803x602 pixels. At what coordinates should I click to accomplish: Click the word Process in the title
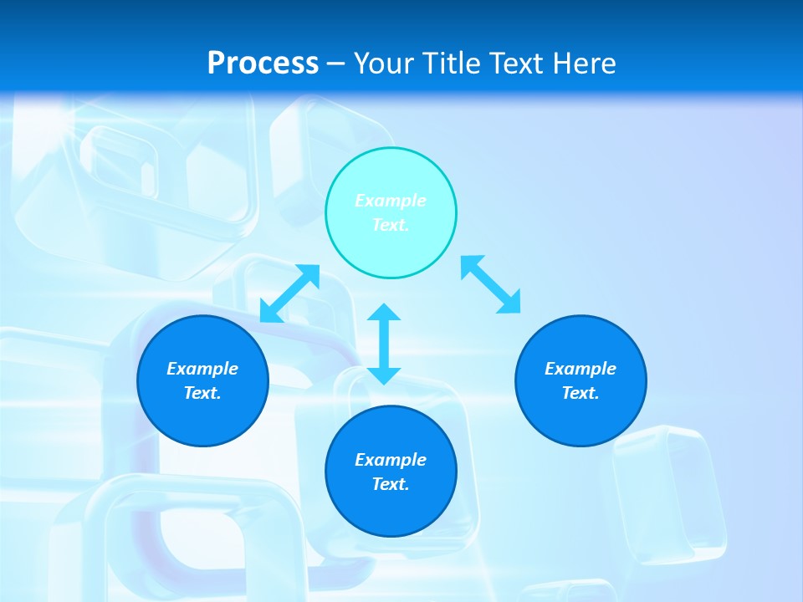pyautogui.click(x=263, y=63)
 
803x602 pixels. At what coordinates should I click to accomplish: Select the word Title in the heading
pyautogui.click(x=455, y=63)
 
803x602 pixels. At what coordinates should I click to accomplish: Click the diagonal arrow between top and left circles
pyautogui.click(x=289, y=293)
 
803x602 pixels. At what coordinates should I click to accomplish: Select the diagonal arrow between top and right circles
pyautogui.click(x=491, y=284)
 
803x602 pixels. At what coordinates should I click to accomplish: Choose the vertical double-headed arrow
pyautogui.click(x=384, y=344)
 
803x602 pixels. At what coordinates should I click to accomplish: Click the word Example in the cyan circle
pyautogui.click(x=391, y=201)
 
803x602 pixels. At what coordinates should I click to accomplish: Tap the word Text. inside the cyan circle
pyautogui.click(x=391, y=225)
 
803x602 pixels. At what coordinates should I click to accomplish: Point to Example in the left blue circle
pyautogui.click(x=202, y=369)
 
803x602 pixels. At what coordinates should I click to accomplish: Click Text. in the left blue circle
pyautogui.click(x=202, y=393)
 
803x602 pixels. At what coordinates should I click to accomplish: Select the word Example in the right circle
pyautogui.click(x=581, y=369)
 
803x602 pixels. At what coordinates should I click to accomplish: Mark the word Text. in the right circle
pyautogui.click(x=581, y=393)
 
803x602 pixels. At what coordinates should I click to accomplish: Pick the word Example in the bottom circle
pyautogui.click(x=391, y=460)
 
